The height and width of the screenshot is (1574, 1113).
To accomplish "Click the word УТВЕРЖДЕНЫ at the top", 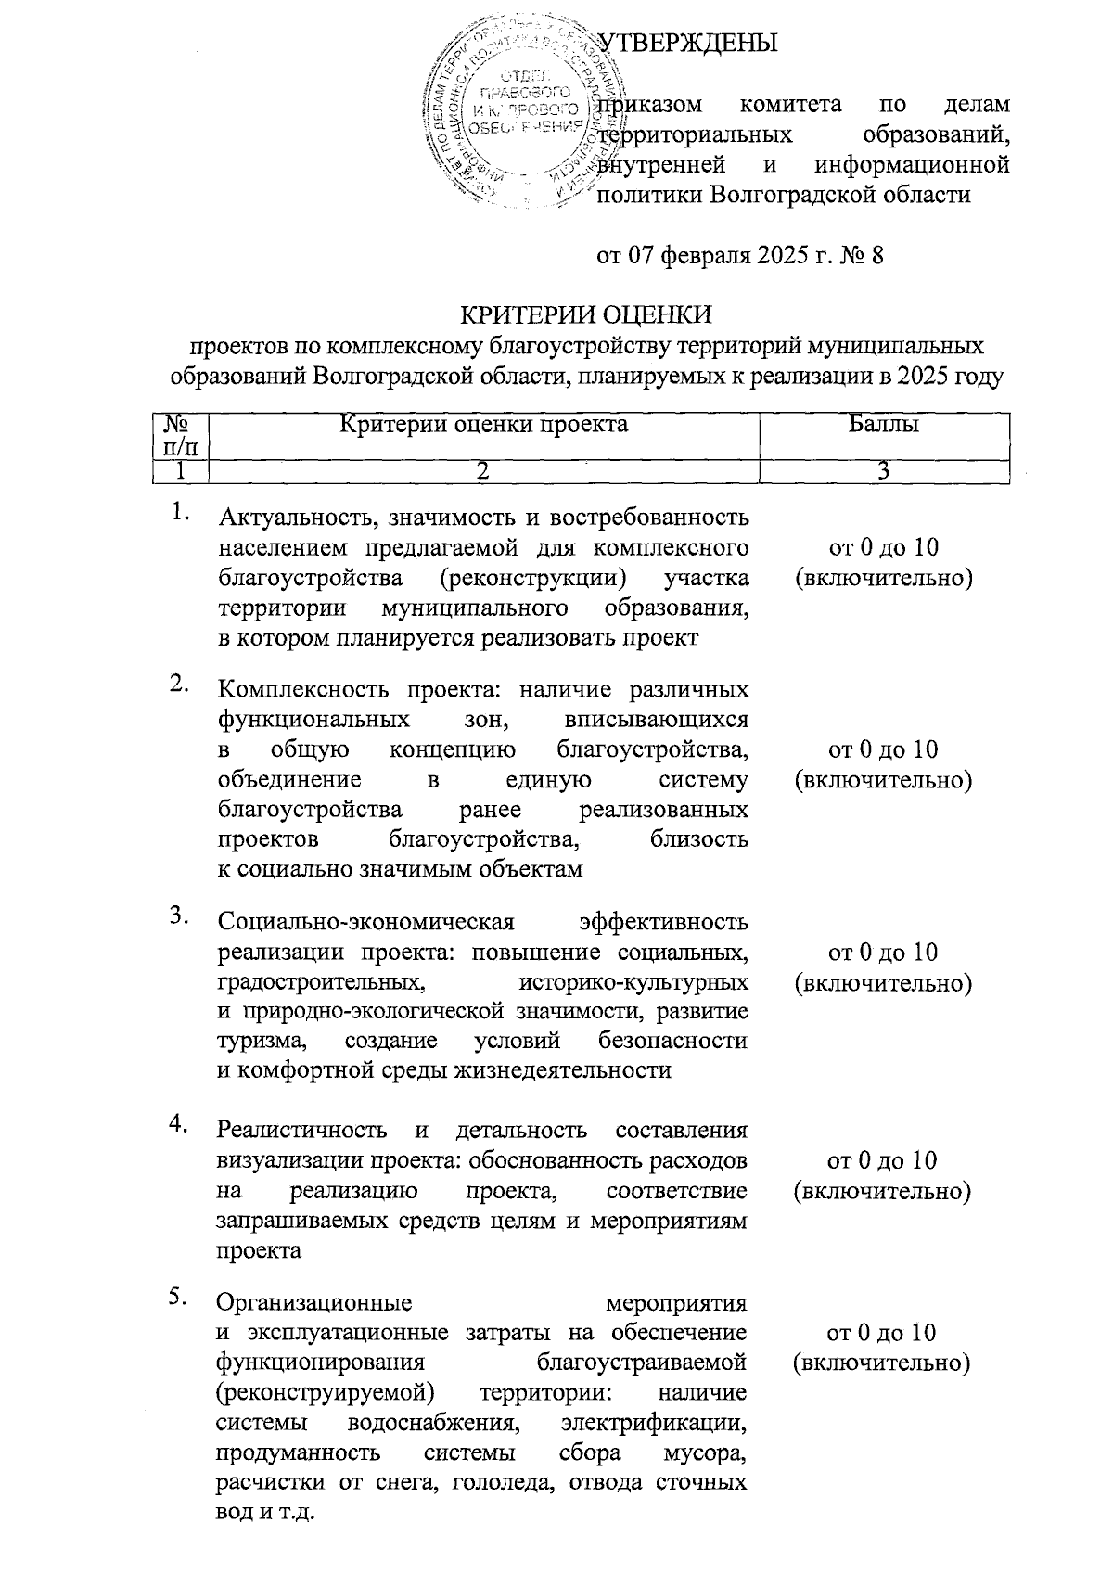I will click(x=687, y=43).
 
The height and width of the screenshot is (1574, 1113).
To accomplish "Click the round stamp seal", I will click(x=516, y=116).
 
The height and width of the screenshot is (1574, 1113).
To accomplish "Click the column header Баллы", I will click(x=883, y=425).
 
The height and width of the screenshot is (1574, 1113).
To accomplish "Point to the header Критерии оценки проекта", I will click(x=483, y=425).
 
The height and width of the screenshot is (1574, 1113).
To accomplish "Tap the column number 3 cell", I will click(x=884, y=471).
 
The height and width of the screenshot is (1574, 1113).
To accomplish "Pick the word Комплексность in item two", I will click(x=300, y=690).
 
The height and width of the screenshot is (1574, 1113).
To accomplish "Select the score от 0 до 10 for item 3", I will click(x=883, y=953).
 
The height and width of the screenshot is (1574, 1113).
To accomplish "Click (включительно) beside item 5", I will click(x=883, y=1363).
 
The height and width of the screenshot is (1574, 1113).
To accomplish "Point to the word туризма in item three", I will click(x=256, y=1041).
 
